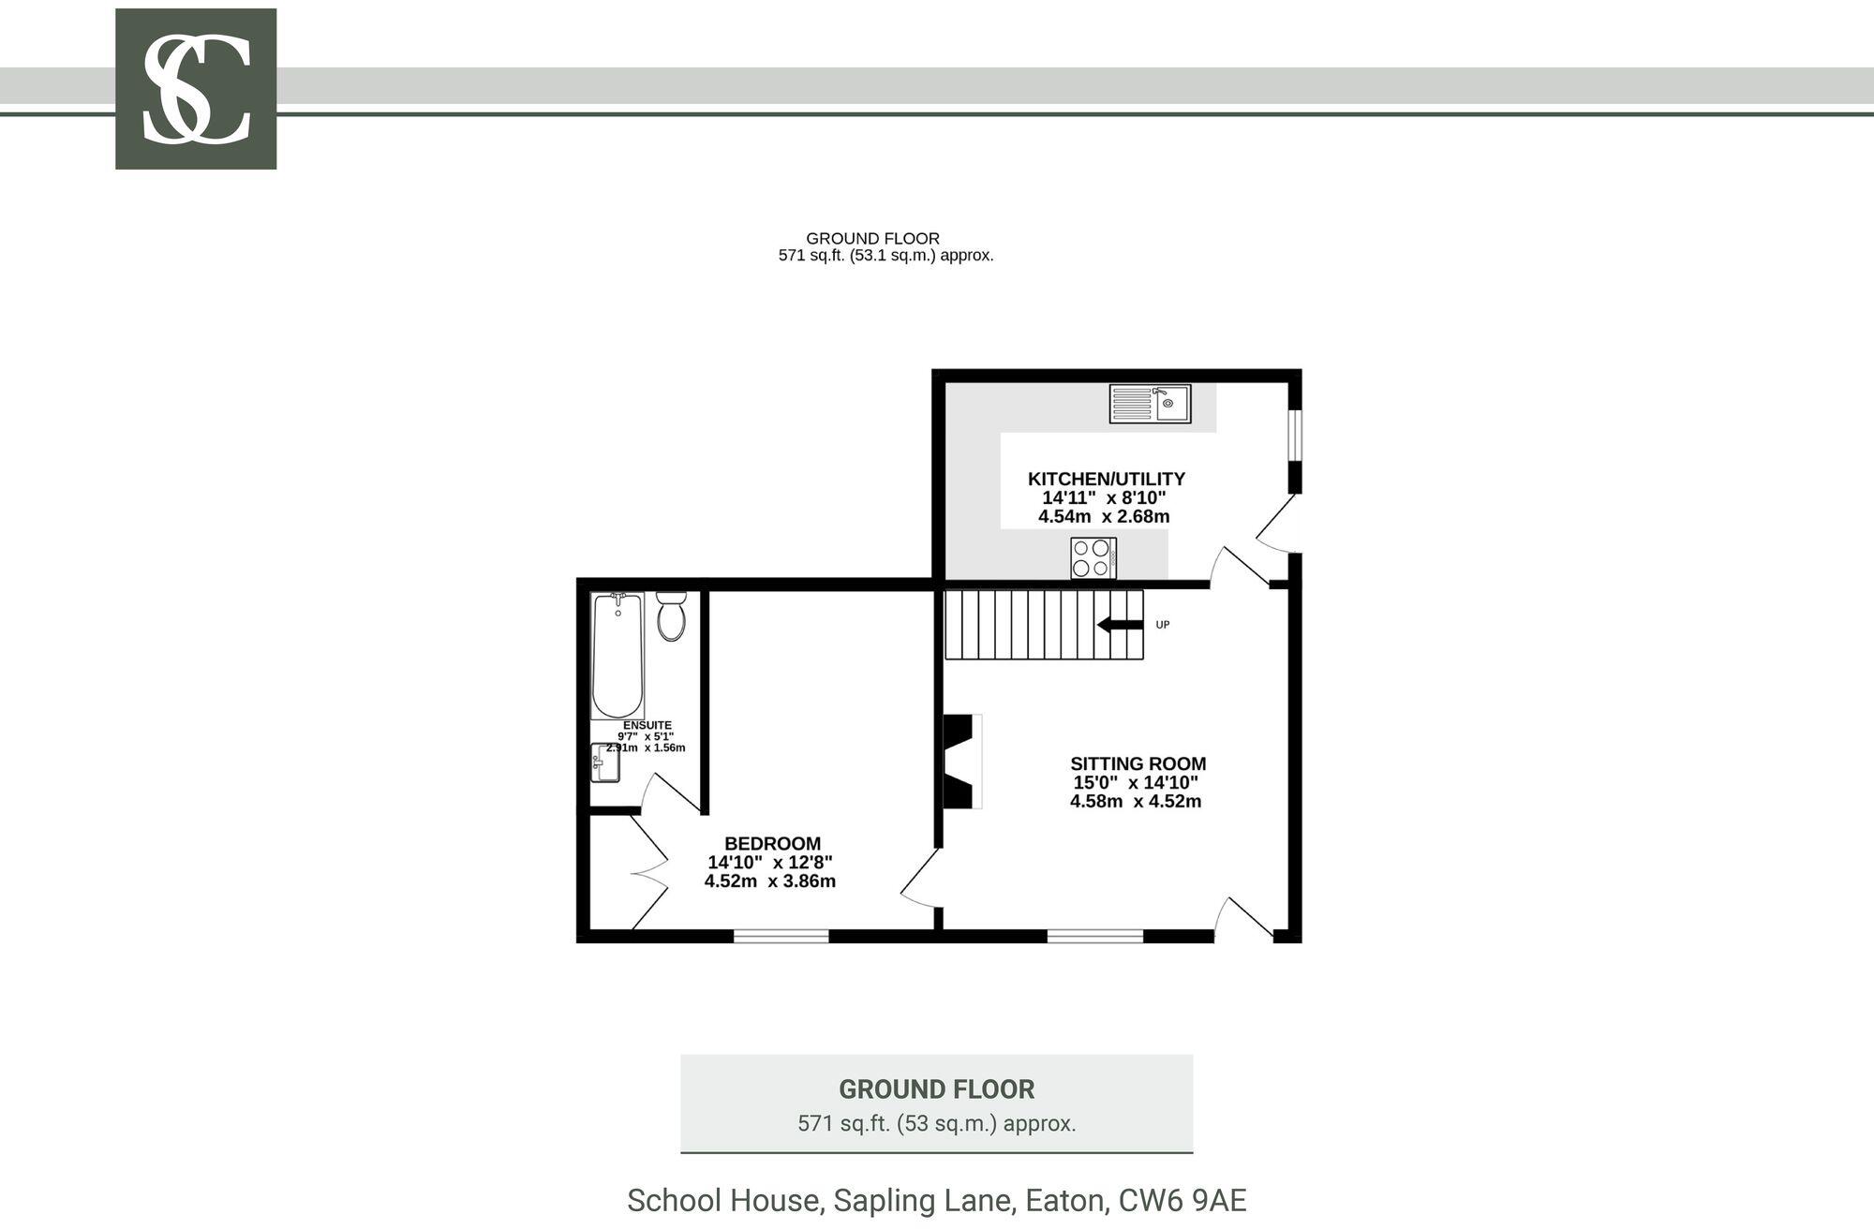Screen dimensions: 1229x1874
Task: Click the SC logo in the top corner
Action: [x=196, y=89]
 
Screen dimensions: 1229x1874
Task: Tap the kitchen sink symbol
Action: [x=1150, y=404]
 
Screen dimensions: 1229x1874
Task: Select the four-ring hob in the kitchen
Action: [x=1093, y=558]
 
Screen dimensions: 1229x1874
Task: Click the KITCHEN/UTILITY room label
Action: [x=1107, y=479]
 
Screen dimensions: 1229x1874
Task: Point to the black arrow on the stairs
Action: [x=1120, y=625]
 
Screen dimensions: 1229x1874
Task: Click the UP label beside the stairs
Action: [x=1163, y=625]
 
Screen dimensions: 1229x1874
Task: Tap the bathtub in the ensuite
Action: [x=617, y=656]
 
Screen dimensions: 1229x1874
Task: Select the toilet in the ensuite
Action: [x=671, y=615]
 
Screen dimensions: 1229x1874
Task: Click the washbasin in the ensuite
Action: [x=605, y=763]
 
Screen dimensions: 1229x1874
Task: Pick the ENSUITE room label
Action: [x=647, y=725]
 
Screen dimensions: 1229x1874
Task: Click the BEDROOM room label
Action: [x=772, y=843]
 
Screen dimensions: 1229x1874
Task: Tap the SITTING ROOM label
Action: [x=1138, y=763]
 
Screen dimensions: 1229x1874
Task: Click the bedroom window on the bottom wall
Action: [x=781, y=935]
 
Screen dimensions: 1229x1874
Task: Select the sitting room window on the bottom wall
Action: [x=1094, y=935]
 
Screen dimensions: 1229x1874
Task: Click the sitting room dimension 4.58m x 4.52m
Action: [x=1136, y=802]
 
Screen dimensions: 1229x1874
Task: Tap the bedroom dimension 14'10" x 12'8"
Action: [x=770, y=863]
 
